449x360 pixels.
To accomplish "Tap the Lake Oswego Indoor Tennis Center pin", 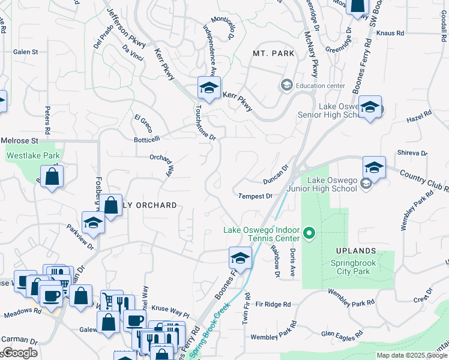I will (309, 232).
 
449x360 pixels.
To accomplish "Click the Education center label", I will (321, 86).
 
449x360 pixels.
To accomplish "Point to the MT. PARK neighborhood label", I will (273, 53).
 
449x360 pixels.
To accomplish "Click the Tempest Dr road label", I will (255, 196).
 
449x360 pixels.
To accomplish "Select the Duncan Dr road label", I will (276, 175).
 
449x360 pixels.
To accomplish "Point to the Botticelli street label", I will (147, 139).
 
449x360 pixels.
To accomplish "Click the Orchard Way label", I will (161, 166).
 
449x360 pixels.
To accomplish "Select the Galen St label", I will (25, 52).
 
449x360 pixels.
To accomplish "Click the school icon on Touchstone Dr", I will (208, 88).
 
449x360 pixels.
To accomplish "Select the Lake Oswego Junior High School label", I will (332, 184).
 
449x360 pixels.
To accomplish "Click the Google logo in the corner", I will (19, 353).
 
